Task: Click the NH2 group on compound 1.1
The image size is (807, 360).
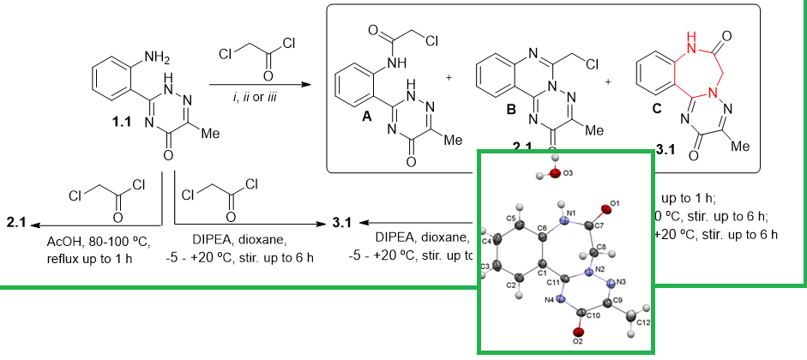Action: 157,57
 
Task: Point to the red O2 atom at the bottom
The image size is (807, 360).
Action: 578,332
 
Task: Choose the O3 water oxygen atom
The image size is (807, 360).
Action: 556,174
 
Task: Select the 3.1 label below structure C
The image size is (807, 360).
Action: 665,150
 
